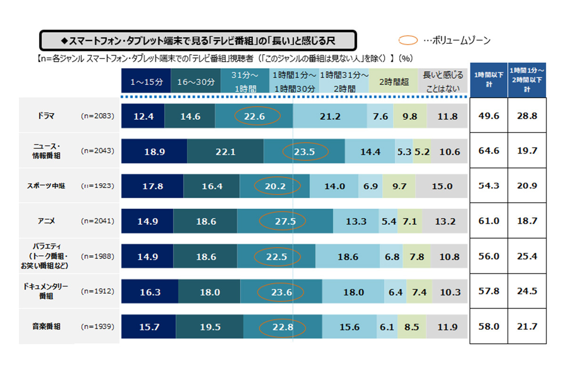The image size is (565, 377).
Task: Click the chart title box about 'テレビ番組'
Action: click(198, 41)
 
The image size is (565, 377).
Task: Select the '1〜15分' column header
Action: click(146, 82)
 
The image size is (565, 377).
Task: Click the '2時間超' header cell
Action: click(394, 82)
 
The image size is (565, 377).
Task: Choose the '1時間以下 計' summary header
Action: click(488, 81)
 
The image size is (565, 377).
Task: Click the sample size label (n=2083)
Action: click(97, 115)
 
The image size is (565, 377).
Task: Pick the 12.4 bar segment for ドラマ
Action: click(143, 116)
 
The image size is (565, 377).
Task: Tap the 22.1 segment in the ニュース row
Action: click(225, 151)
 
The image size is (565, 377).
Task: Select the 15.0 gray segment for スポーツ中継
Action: click(442, 186)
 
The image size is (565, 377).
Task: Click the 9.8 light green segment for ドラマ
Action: click(410, 116)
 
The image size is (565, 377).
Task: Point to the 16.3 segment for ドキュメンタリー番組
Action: click(150, 292)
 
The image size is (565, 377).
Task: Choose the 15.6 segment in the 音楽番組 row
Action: click(349, 327)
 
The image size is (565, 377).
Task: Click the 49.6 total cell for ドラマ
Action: click(488, 116)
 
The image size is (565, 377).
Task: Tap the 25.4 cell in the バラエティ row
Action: click(526, 257)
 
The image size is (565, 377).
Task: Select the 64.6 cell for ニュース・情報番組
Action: click(488, 151)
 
